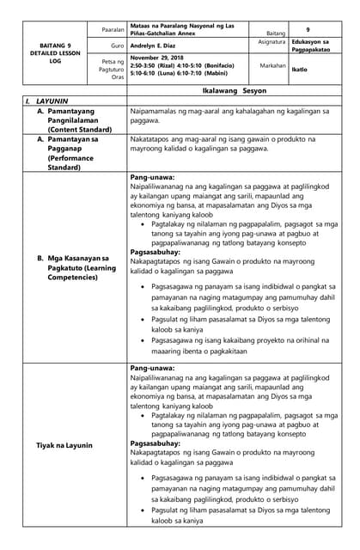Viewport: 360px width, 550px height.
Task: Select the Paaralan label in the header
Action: coord(112,28)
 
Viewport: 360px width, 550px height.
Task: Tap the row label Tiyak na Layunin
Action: coord(65,445)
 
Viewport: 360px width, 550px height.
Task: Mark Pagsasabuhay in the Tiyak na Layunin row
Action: coord(155,443)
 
